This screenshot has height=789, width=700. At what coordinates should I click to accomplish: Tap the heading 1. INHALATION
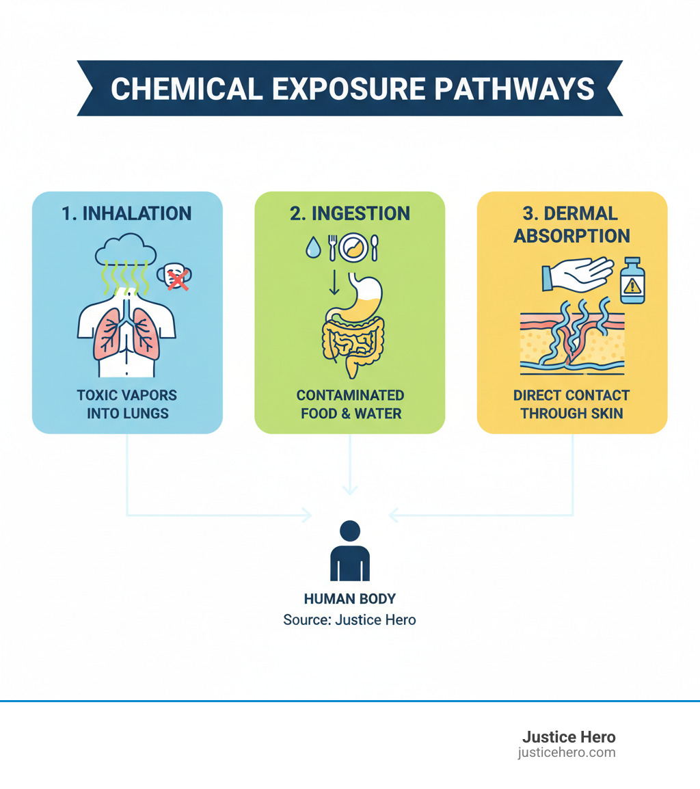[x=126, y=213]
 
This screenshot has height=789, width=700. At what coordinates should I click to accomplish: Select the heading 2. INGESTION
[x=349, y=213]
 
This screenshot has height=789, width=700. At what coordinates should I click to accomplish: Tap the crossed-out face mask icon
[x=175, y=277]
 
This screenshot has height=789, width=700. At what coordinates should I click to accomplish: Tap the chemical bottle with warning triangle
[x=632, y=280]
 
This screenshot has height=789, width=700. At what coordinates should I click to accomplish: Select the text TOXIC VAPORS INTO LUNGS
[x=126, y=404]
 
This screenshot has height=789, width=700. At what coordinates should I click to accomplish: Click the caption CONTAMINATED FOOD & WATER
[x=349, y=404]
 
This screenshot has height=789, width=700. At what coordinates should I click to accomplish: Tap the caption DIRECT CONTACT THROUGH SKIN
[x=571, y=404]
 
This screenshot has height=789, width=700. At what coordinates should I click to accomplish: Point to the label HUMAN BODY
[x=349, y=599]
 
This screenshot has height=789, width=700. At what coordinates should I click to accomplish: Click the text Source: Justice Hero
[x=349, y=620]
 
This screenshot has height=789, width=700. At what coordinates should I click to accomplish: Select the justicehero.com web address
[x=566, y=753]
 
